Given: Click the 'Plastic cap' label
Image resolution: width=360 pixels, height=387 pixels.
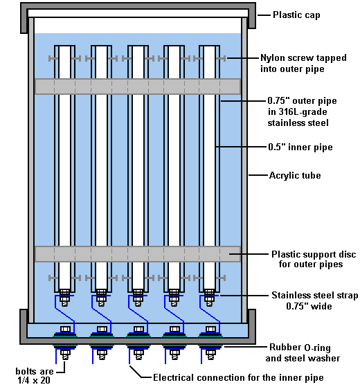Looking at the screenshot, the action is (296, 15).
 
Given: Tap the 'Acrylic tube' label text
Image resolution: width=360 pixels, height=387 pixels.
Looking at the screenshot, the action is (295, 175).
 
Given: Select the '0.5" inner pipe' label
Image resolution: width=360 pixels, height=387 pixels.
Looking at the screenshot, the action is (300, 147).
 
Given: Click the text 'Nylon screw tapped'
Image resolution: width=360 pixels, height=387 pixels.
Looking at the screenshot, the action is (303, 58).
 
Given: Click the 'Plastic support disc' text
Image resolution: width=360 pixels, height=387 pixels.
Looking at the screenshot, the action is (314, 254).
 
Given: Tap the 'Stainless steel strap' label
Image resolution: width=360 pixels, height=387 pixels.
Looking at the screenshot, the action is (314, 295).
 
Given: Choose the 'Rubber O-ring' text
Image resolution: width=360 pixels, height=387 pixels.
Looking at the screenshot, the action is (300, 348).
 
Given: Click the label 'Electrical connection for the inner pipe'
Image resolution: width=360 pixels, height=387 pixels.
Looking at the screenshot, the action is (238, 377).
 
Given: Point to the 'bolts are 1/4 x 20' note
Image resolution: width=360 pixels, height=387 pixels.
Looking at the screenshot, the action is (35, 376).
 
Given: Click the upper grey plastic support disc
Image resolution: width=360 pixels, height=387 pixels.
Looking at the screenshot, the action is (138, 87).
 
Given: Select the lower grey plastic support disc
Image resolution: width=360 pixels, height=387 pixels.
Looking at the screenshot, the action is (138, 254).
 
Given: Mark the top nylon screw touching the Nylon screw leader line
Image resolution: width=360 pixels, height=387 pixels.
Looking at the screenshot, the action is (221, 58).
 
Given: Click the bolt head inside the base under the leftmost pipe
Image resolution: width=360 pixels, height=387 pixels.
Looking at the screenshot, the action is (65, 329).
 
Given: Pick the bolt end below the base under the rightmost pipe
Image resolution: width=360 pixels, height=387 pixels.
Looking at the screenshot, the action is (210, 354).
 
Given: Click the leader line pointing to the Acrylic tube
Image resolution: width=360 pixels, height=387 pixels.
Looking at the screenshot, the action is (258, 175).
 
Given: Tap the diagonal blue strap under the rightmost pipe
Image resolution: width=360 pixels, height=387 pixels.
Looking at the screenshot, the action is (210, 315).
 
